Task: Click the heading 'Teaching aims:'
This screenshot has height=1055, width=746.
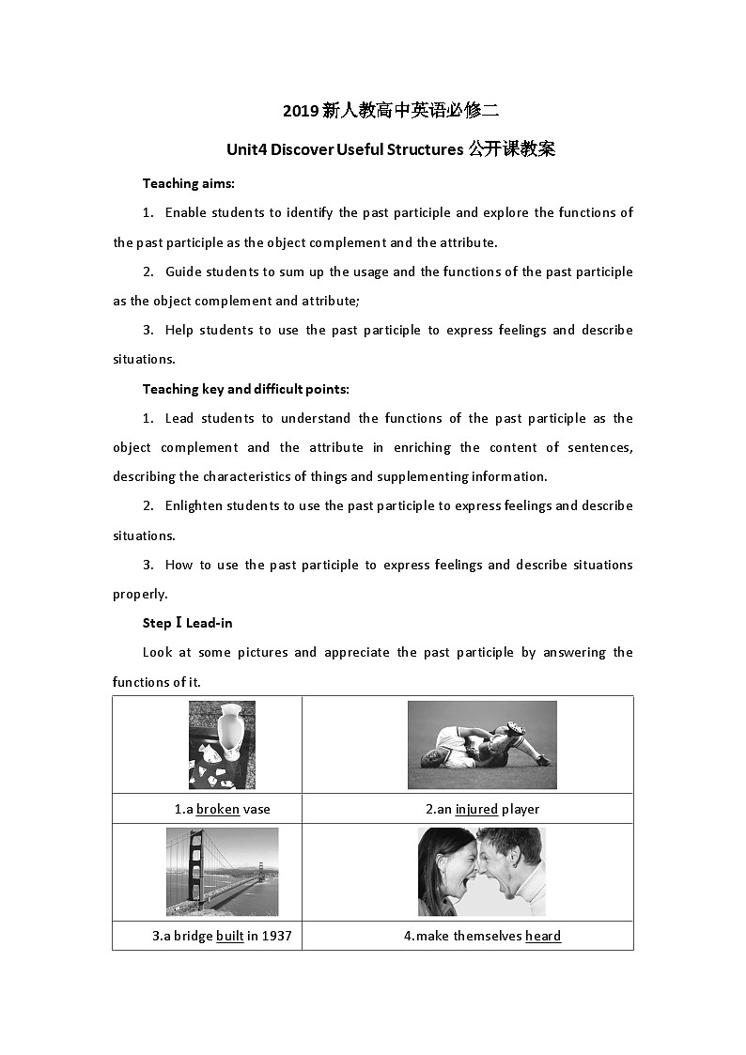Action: (x=188, y=183)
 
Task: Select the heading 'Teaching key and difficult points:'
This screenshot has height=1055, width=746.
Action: (x=245, y=389)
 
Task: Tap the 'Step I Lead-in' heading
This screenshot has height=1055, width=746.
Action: (x=187, y=623)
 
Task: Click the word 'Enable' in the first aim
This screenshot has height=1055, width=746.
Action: (x=186, y=212)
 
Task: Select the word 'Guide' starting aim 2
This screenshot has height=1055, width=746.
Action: (x=183, y=272)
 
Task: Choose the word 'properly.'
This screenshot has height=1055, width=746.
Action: (x=140, y=594)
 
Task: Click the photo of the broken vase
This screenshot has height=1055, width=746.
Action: (x=222, y=744)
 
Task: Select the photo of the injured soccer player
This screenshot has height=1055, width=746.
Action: (x=482, y=744)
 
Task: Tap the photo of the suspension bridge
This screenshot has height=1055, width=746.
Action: (x=222, y=871)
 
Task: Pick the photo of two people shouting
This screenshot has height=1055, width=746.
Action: (x=481, y=871)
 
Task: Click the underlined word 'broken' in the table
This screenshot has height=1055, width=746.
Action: (x=218, y=809)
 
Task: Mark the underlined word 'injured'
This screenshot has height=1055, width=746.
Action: (x=476, y=809)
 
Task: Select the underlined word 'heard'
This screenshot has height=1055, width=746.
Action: (x=543, y=936)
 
